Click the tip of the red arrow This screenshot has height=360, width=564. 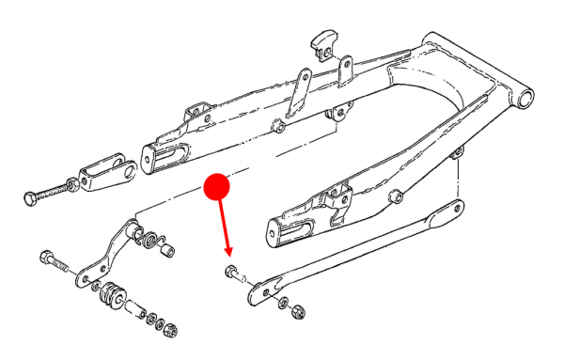click(228, 255)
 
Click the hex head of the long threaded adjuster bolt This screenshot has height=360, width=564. click(28, 198)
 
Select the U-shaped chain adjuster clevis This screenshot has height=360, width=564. click(105, 173)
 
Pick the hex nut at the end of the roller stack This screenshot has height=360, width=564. click(172, 329)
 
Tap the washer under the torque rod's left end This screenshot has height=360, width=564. click(283, 302)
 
